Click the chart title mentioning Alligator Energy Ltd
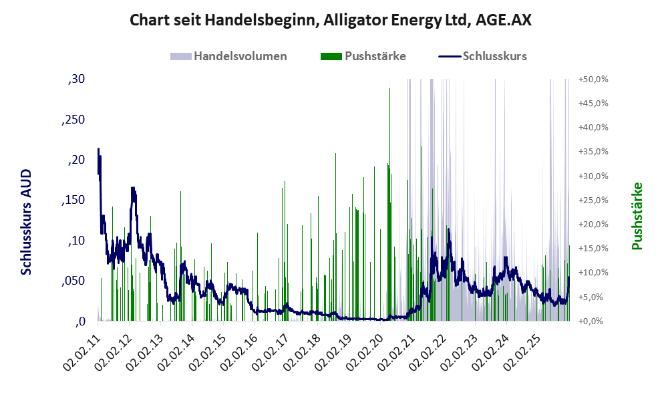(331, 20)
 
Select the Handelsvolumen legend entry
(240, 56)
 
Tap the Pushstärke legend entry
(375, 56)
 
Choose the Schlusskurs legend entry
(494, 56)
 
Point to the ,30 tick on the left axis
(76, 79)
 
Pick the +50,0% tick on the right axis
(593, 79)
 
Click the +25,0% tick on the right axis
(593, 200)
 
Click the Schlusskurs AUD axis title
(26, 222)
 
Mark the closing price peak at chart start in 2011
(99, 149)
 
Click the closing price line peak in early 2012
(133, 188)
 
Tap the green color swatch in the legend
(331, 56)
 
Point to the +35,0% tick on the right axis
(593, 152)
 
